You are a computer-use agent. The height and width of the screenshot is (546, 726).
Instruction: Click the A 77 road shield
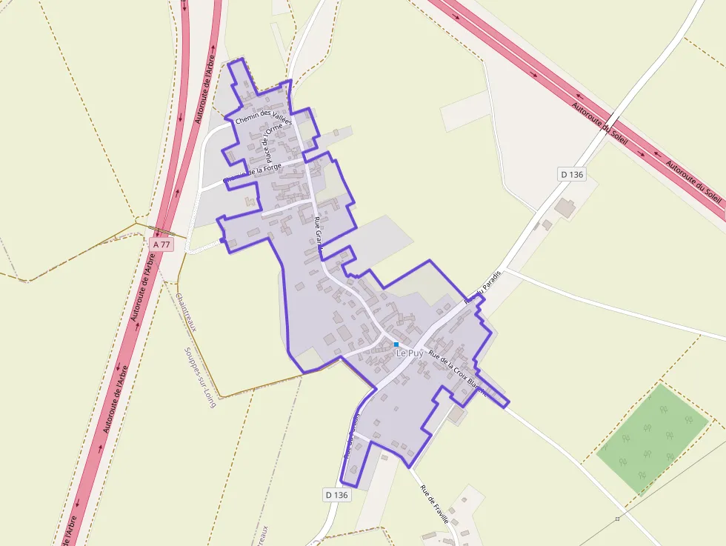pos(161,244)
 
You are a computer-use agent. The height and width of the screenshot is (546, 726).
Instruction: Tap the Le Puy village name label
pos(410,353)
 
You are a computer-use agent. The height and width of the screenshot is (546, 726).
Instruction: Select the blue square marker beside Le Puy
pos(396,344)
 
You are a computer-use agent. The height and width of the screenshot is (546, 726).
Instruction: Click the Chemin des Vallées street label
pos(263,118)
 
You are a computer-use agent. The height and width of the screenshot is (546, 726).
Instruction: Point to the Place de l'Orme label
pos(273,142)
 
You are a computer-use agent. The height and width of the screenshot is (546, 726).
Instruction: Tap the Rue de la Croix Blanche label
pos(458,373)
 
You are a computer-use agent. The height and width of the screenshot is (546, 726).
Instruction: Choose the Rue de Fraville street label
pos(434,504)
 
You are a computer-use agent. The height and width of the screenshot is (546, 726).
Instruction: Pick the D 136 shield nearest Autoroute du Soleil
pos(572,174)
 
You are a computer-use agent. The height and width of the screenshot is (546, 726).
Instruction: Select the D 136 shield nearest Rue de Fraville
pos(336,494)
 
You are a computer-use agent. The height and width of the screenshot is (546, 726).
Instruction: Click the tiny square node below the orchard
pos(617,519)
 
